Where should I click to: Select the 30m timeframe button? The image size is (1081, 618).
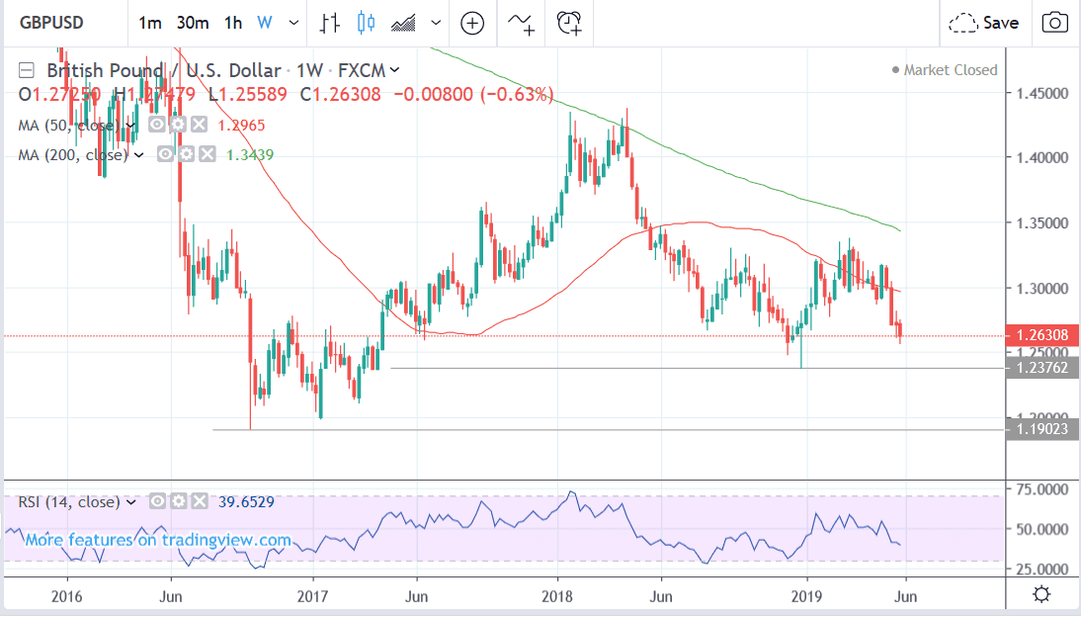click(191, 23)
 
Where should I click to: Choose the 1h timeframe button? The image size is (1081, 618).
click(233, 23)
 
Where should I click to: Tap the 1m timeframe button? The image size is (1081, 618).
click(150, 23)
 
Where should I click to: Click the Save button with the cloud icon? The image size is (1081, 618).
click(984, 23)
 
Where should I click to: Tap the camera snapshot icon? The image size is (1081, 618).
click(1055, 23)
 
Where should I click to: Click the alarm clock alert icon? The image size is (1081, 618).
click(569, 23)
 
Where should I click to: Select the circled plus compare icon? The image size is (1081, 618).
click(472, 23)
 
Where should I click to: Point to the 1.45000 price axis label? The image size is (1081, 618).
click(1039, 93)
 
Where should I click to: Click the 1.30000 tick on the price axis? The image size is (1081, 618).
click(1039, 289)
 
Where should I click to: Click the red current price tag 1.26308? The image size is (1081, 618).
click(1040, 336)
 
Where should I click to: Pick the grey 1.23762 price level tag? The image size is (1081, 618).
click(1040, 368)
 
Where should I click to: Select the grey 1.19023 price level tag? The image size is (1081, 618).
click(1040, 429)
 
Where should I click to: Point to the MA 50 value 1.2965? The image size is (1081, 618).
click(244, 126)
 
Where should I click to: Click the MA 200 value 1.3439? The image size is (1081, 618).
click(250, 154)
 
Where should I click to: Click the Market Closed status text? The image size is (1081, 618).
click(951, 70)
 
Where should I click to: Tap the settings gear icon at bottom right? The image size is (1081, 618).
click(1039, 594)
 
